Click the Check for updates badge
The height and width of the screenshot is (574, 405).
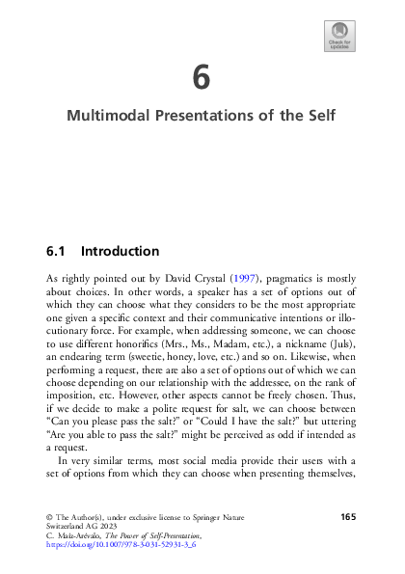click(x=339, y=36)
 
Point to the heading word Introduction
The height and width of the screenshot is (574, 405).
click(x=121, y=252)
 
